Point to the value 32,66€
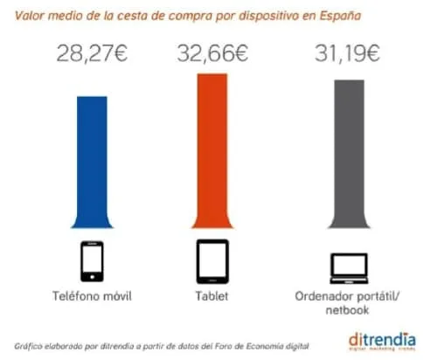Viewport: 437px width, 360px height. pos(211,55)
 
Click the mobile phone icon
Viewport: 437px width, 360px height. pos(93,259)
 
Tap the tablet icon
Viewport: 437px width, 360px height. pos(210,259)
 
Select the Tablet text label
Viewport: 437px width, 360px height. pos(210,295)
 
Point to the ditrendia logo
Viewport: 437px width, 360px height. pos(382,338)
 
